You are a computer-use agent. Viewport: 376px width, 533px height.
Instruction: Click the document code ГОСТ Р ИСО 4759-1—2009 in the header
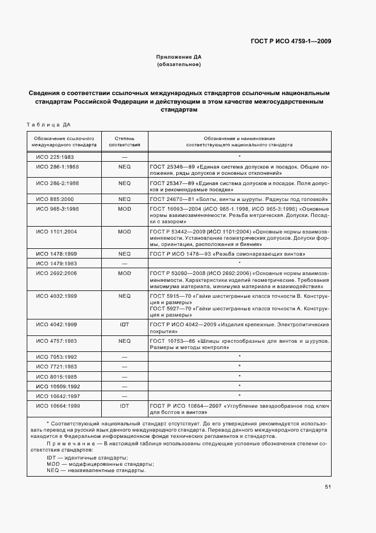(291, 41)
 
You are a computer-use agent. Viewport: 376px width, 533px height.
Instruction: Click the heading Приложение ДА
(179, 58)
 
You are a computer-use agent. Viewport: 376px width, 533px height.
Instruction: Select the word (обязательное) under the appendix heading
(179, 65)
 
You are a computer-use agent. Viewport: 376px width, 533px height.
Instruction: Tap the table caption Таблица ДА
(48, 125)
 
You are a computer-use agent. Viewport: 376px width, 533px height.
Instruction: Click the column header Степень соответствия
(125, 141)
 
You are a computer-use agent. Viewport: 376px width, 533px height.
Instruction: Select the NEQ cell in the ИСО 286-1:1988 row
(125, 167)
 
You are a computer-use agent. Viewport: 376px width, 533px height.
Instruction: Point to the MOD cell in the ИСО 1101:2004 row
(125, 232)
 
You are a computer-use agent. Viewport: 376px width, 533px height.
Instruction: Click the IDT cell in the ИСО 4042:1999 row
(125, 324)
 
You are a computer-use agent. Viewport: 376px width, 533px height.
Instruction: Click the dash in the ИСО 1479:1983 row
(125, 263)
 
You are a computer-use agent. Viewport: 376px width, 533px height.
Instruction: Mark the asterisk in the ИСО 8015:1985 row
(239, 376)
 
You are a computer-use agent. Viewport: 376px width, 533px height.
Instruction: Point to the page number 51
(328, 486)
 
